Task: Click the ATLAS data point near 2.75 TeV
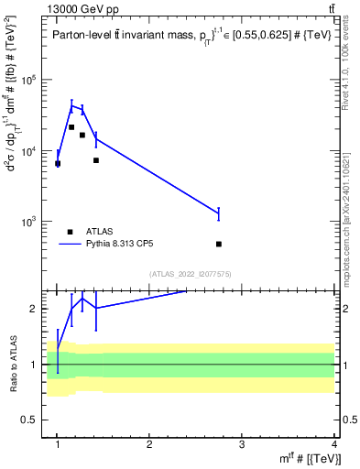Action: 219,244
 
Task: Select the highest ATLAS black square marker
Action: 71,127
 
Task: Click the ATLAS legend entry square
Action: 70,232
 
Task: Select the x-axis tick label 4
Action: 334,444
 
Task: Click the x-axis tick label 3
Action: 242,444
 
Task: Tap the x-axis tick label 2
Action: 149,444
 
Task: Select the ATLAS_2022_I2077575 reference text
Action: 189,274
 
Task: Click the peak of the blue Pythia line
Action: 71,105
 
